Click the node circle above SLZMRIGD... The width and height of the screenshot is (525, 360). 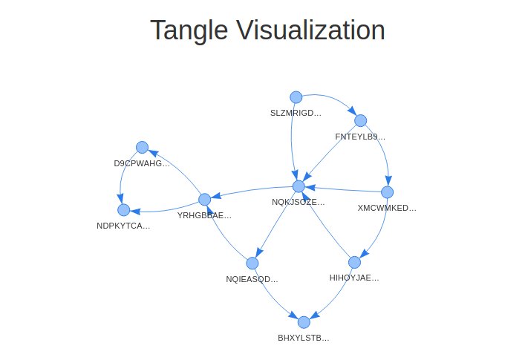tap(296, 97)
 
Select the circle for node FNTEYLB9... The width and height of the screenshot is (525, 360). tap(360, 120)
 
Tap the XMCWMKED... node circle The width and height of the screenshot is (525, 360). tap(386, 192)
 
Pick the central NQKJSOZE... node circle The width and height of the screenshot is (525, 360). tap(299, 186)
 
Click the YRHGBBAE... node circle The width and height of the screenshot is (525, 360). tap(205, 199)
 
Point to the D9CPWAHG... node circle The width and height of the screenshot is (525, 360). tap(142, 147)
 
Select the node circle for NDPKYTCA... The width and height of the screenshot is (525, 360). tap(123, 210)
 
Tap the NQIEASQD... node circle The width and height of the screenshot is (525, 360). tap(252, 263)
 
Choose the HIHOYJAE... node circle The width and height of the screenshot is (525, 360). tap(354, 262)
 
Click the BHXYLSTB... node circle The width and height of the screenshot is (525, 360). tap(303, 322)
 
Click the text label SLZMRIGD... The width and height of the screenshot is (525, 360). tap(296, 114)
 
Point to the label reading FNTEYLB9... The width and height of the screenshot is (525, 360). tap(360, 137)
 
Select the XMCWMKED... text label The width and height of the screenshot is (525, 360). tap(386, 208)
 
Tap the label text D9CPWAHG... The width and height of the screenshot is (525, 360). tap(142, 163)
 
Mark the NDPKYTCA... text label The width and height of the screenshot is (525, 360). tap(123, 226)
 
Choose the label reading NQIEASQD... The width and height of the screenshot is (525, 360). tap(252, 279)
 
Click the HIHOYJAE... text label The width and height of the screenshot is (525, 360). tap(354, 278)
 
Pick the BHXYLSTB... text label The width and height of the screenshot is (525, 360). tap(303, 338)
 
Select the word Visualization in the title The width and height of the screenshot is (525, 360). tap(311, 31)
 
